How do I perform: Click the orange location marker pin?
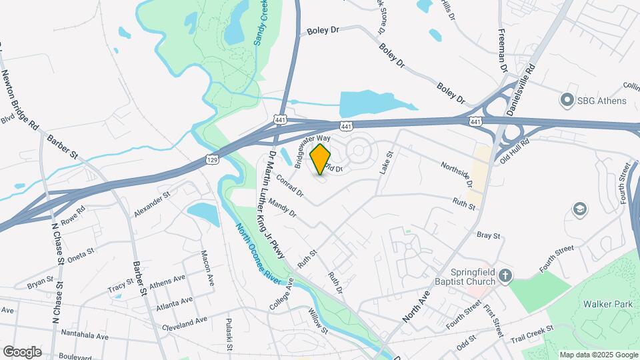coord(321,159)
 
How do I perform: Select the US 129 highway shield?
coord(212,160)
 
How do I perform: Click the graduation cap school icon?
coord(579,210)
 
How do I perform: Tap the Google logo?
coord(22,351)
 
